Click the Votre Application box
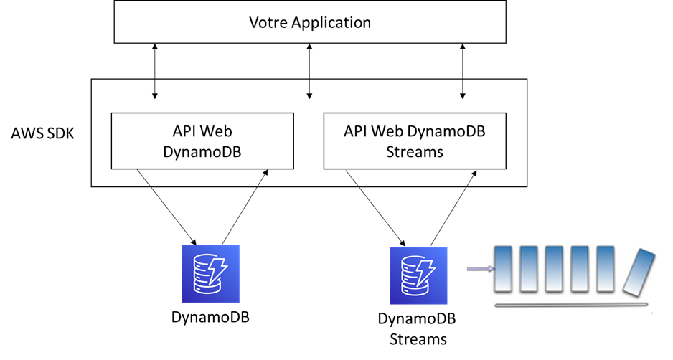coord(310,22)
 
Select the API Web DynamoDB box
coord(202,141)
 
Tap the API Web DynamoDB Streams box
coord(415,141)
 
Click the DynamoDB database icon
coord(210,274)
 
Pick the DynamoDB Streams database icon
coord(418,275)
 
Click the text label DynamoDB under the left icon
coord(210,316)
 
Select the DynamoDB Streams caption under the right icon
coord(417,328)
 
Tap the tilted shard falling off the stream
coord(638,273)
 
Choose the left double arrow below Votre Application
coord(154,70)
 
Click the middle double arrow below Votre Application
coord(309,70)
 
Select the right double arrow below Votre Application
coord(463,70)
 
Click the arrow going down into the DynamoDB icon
coord(167,207)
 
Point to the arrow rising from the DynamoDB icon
coord(245,207)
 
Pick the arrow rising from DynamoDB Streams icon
coord(453,207)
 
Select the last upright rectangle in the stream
coord(606,269)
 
